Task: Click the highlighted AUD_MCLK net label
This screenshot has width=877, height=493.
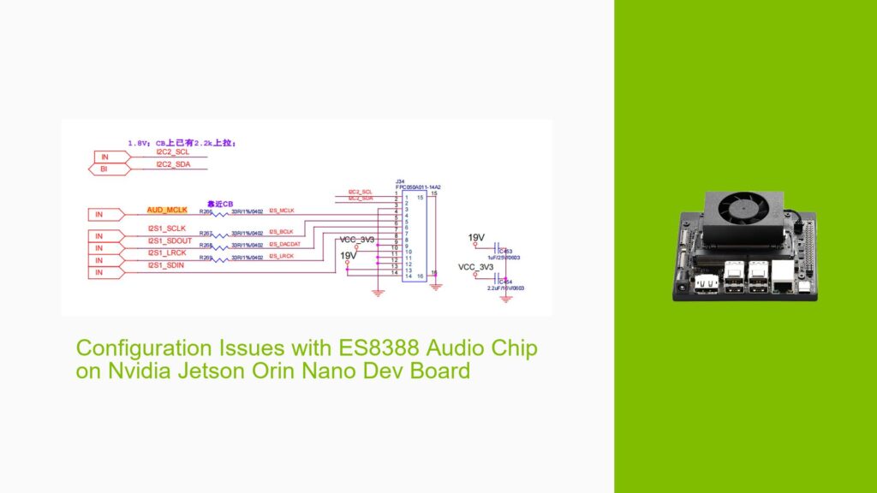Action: (166, 210)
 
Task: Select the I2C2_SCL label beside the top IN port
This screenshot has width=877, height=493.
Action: (171, 151)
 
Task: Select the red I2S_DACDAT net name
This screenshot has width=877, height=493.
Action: (286, 244)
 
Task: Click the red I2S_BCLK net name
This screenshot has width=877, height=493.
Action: (281, 232)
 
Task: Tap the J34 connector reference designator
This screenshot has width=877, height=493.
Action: (400, 181)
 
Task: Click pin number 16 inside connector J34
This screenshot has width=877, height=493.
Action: (420, 276)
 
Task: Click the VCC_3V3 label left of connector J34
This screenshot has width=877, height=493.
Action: (358, 240)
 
